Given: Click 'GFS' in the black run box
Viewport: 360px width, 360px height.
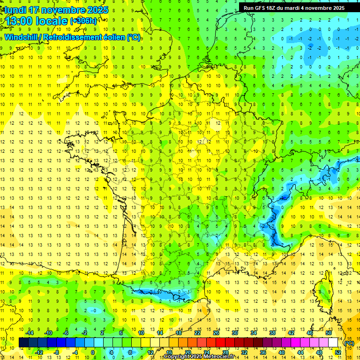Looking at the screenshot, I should pyautogui.click(x=262, y=8).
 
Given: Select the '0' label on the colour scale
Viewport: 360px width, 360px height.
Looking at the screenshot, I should pyautogui.click(x=93, y=352).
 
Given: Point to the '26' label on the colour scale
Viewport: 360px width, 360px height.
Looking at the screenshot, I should pyautogui.click(x=216, y=332).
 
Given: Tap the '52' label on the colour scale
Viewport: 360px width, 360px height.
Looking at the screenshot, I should pyautogui.click(x=337, y=352).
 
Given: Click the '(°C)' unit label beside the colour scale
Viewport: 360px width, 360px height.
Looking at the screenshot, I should pyautogui.click(x=349, y=343).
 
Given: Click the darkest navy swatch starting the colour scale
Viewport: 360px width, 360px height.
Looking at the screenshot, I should pyautogui.click(x=23, y=343).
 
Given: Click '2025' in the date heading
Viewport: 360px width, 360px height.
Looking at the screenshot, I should pyautogui.click(x=97, y=10).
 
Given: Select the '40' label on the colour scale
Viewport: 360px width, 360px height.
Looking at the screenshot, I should pyautogui.click(x=281, y=352).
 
